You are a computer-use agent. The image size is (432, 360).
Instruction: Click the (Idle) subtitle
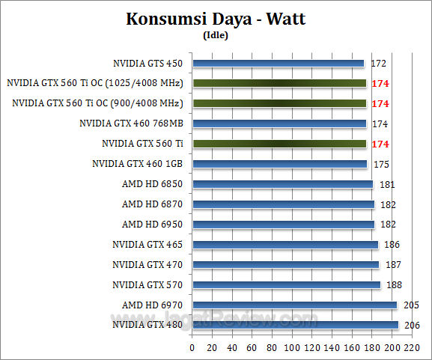[x=216, y=34]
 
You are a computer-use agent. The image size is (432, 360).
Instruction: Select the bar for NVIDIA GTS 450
[x=279, y=64]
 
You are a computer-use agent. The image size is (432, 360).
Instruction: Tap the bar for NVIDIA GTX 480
[x=296, y=325]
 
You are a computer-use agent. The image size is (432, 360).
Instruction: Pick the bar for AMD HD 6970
[x=295, y=305]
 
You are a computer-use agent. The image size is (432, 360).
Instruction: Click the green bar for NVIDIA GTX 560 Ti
[x=279, y=143]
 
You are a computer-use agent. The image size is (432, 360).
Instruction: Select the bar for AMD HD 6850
[x=283, y=184]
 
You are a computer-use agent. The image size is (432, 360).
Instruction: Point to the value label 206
[x=412, y=325]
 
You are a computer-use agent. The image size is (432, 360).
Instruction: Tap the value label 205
[x=411, y=305]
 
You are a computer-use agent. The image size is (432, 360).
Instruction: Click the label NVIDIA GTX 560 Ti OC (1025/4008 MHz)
[x=97, y=83]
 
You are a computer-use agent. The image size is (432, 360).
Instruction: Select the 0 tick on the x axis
[x=192, y=348]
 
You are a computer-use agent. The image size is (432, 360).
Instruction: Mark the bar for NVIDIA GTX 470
[x=286, y=264]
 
